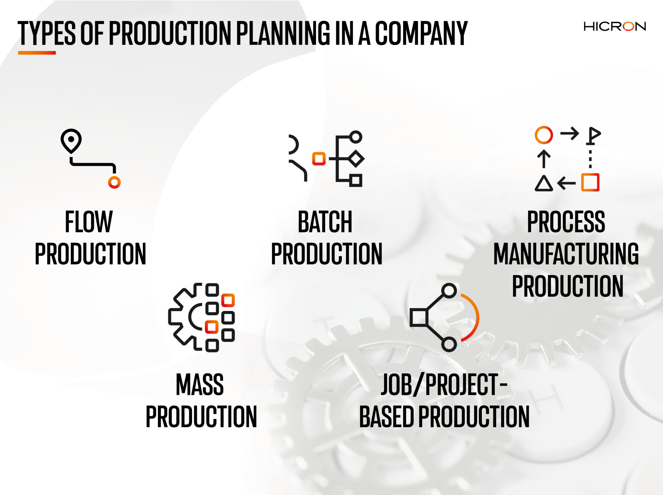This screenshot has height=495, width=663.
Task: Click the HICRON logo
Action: [614, 27]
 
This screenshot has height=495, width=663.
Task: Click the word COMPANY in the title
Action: [421, 33]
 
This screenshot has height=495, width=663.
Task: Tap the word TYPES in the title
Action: [47, 33]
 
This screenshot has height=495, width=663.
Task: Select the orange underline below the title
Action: [37, 53]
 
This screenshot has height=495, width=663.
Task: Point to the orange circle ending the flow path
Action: [114, 182]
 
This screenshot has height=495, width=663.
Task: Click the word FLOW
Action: [89, 222]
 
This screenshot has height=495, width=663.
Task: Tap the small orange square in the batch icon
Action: [319, 159]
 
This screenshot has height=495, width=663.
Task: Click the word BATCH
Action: [325, 222]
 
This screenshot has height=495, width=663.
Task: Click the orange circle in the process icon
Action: [544, 135]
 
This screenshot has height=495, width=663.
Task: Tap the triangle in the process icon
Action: [544, 183]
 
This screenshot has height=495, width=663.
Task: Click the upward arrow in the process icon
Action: [544, 159]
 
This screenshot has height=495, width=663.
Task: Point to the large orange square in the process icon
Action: [590, 182]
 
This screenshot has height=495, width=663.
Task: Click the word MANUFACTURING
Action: [566, 254]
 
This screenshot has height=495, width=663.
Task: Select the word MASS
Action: [200, 384]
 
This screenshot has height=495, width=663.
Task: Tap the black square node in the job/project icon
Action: [419, 317]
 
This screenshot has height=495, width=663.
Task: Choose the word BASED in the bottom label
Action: [386, 417]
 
